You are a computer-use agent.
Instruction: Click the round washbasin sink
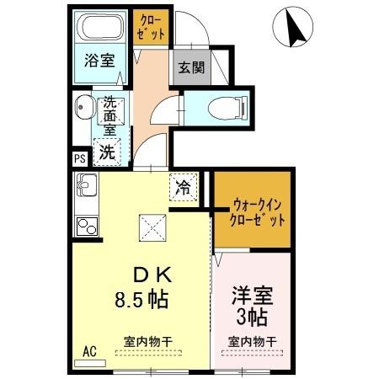click(84, 109)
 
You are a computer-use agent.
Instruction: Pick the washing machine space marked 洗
click(108, 152)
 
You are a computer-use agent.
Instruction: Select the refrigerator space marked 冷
click(182, 188)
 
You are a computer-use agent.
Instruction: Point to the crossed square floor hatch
click(152, 225)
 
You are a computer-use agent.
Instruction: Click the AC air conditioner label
click(90, 351)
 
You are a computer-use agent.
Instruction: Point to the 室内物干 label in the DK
click(148, 341)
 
